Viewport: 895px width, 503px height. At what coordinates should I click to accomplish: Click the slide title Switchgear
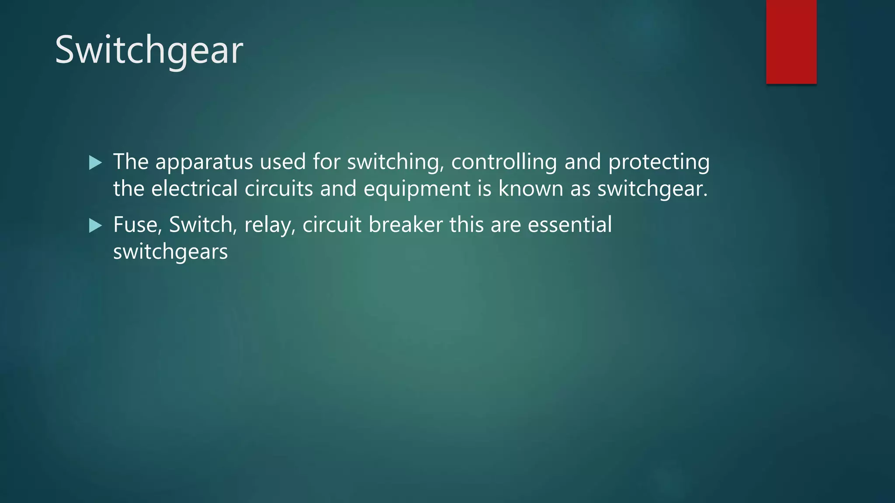click(149, 50)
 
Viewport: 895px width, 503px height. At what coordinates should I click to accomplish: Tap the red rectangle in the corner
click(791, 41)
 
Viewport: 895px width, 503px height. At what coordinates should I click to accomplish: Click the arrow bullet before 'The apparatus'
click(95, 163)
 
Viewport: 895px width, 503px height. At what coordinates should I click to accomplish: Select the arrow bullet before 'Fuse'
click(95, 226)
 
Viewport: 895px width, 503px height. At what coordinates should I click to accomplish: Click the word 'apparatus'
click(204, 162)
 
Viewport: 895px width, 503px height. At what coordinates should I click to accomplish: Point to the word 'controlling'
click(504, 162)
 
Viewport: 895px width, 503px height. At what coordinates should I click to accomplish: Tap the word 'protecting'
click(659, 162)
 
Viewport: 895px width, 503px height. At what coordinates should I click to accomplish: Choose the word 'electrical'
click(194, 189)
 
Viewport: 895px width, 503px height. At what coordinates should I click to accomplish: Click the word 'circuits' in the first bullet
click(279, 189)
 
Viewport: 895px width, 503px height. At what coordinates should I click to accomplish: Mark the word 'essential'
click(569, 225)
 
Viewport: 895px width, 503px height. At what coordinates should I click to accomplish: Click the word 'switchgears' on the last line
click(170, 252)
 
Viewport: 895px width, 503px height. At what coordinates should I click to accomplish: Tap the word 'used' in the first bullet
click(283, 162)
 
